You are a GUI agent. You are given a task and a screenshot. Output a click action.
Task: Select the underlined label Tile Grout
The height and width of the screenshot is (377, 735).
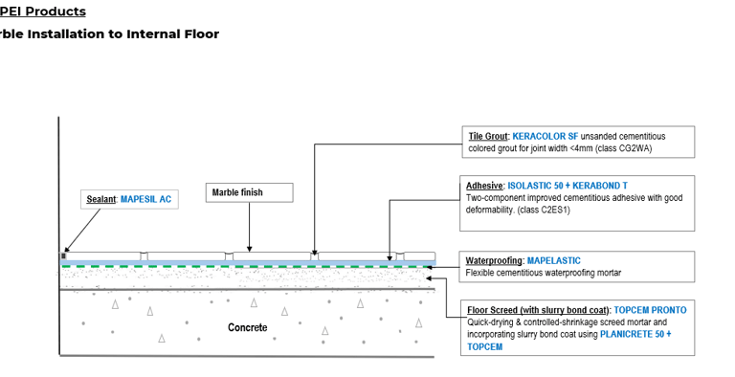pyautogui.click(x=488, y=137)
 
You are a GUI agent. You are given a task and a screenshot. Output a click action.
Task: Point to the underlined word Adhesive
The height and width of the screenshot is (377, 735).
pyautogui.click(x=484, y=185)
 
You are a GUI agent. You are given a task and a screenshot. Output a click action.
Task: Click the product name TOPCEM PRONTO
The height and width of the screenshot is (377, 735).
pyautogui.click(x=650, y=310)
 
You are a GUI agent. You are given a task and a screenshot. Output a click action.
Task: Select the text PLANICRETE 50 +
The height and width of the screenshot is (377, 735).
pyautogui.click(x=635, y=334)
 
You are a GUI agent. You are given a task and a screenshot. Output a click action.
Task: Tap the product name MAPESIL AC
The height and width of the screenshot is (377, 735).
pyautogui.click(x=145, y=199)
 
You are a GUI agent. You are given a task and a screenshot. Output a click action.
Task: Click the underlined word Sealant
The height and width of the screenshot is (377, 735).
pyautogui.click(x=100, y=199)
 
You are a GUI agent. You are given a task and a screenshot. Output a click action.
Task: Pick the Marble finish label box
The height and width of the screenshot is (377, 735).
pyautogui.click(x=249, y=192)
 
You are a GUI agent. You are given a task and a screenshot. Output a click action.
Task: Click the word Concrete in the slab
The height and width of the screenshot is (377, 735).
pyautogui.click(x=248, y=328)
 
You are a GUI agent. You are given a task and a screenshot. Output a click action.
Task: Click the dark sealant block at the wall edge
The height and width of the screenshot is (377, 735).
pyautogui.click(x=64, y=256)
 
